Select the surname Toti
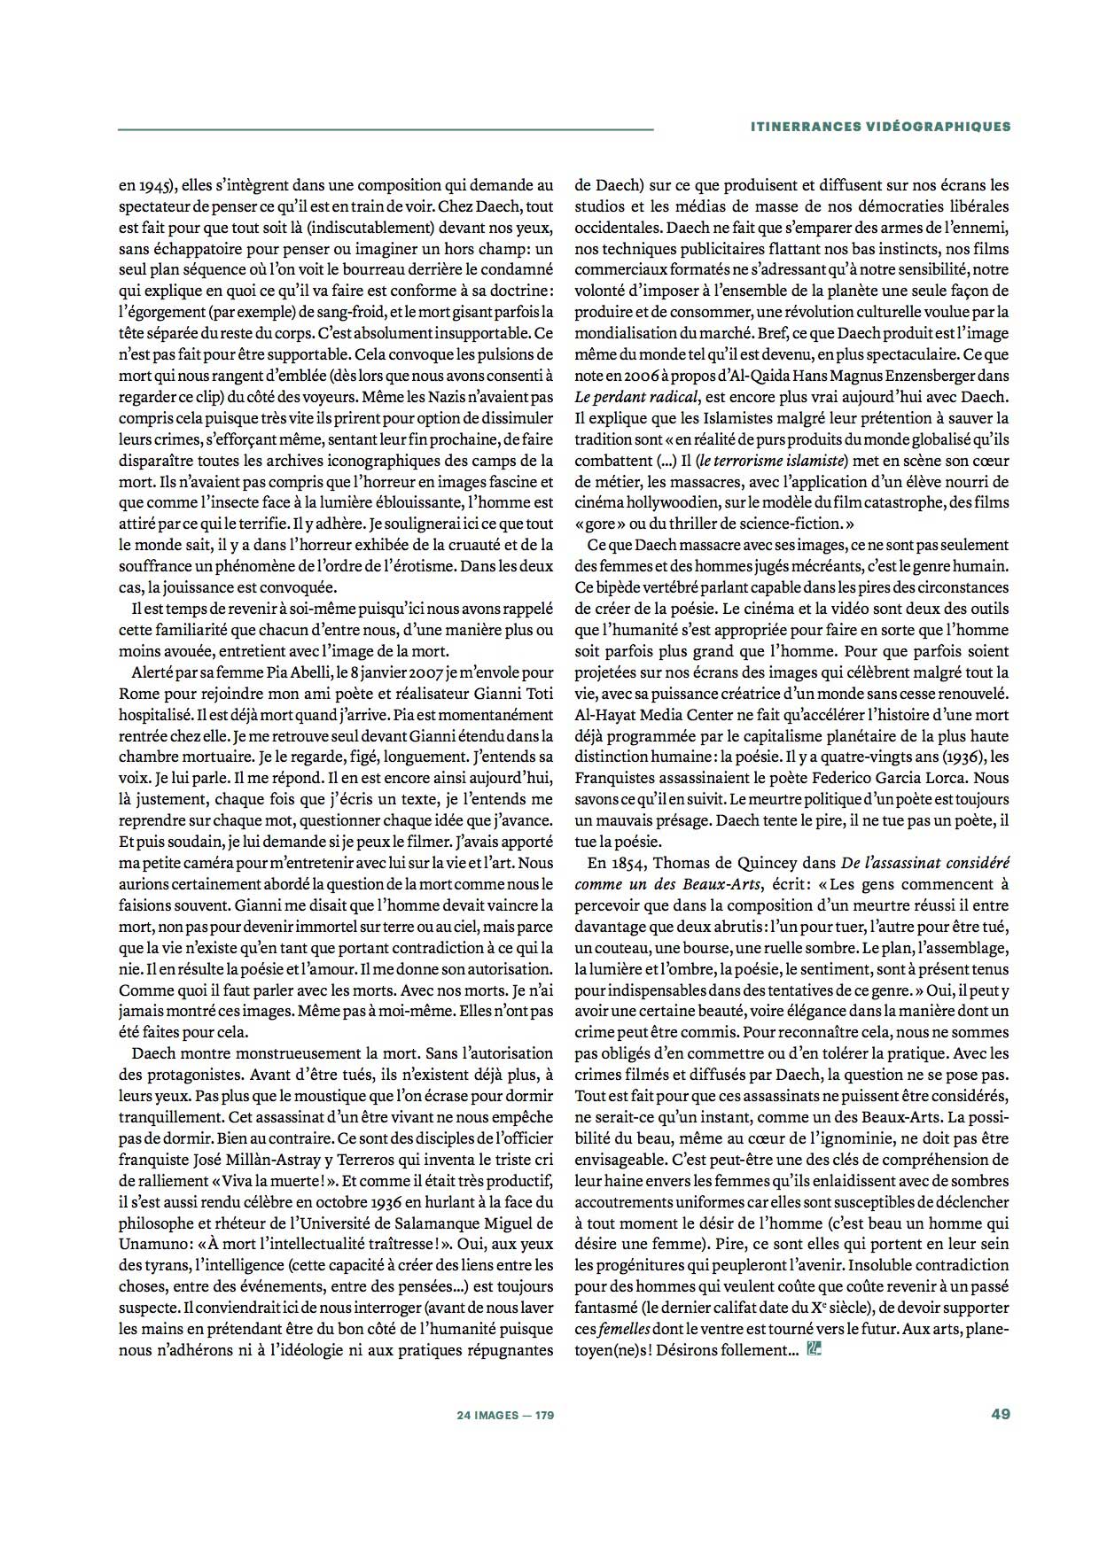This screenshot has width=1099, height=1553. point(537,693)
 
